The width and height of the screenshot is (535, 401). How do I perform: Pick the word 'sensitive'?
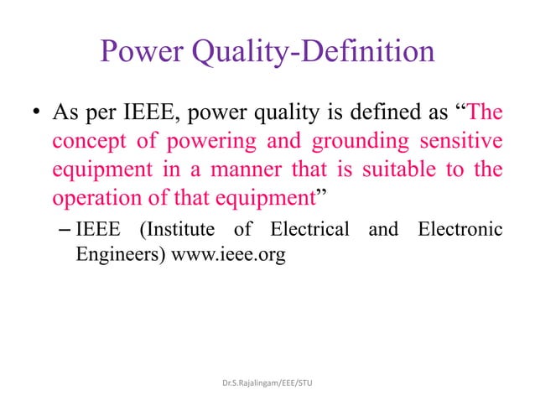click(460, 141)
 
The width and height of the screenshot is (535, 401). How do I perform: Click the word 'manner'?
click(237, 170)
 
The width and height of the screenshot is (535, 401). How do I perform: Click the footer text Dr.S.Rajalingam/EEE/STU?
click(267, 383)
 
